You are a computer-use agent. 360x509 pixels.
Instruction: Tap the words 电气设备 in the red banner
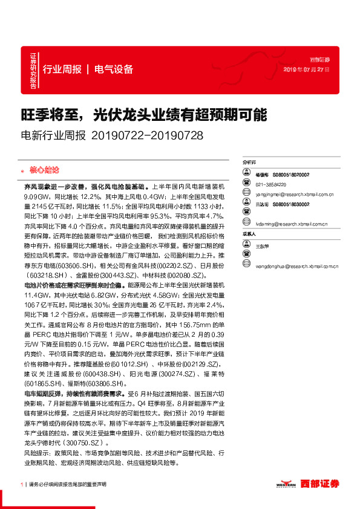click(114, 69)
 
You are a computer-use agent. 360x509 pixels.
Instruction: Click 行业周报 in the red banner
click(62, 69)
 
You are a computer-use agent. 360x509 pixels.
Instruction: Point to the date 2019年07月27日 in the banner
click(307, 70)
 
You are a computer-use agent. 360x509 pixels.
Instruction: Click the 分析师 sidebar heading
click(249, 163)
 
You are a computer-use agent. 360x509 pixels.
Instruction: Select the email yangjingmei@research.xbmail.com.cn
click(295, 195)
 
